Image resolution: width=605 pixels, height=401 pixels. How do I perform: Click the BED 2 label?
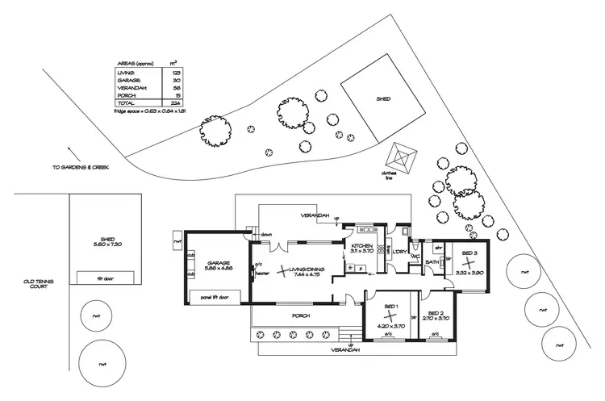click(436, 313)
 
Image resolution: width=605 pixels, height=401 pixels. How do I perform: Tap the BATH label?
click(432, 262)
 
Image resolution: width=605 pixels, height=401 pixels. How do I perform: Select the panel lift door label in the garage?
click(214, 297)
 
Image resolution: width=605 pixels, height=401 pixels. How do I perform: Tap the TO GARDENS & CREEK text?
click(80, 167)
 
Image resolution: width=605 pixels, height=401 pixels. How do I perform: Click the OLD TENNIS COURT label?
click(38, 285)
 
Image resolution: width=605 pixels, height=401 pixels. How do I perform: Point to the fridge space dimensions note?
click(151, 111)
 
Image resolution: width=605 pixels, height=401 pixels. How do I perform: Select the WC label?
click(416, 257)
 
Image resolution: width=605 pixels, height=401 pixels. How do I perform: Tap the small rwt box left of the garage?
click(177, 240)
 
